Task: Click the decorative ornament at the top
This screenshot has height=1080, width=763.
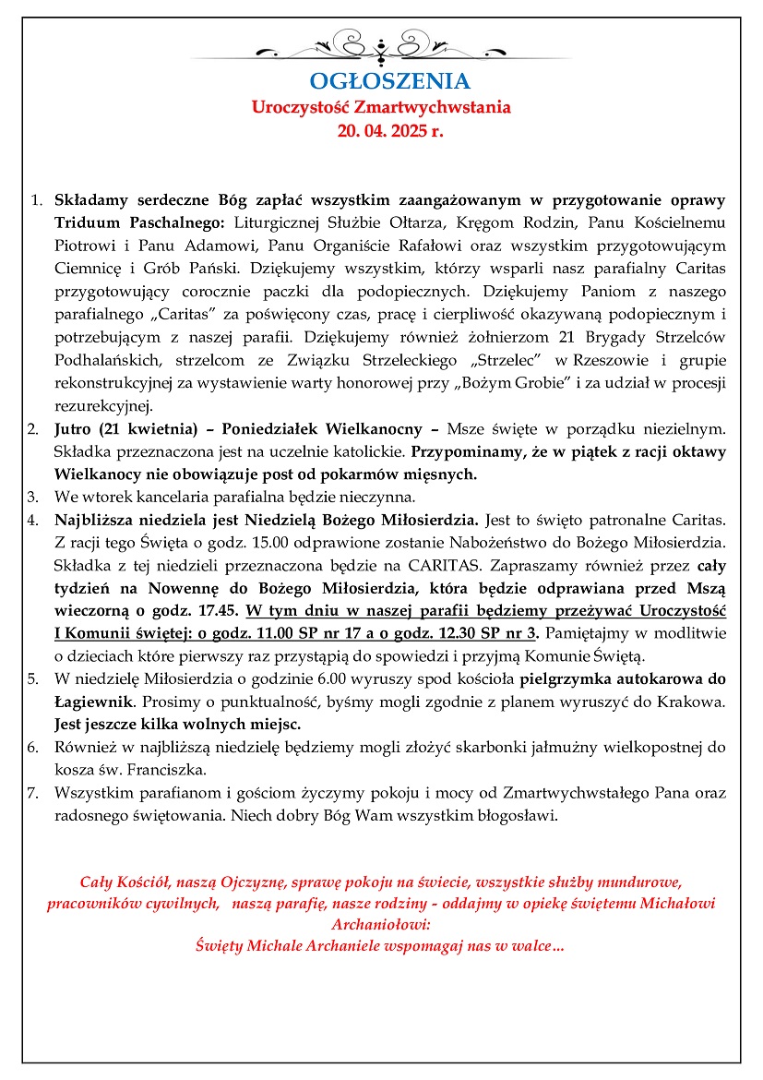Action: [381, 44]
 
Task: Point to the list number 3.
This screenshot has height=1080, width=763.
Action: [32, 497]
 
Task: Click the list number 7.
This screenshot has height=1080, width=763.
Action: [32, 793]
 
